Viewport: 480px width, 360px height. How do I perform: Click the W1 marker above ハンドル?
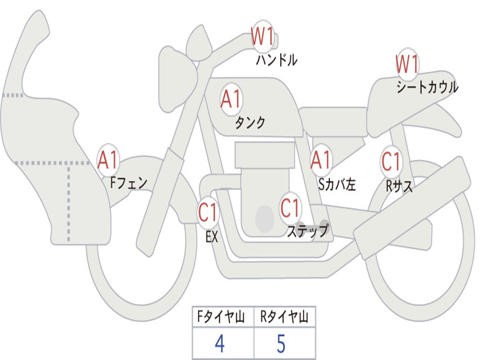point(262,37)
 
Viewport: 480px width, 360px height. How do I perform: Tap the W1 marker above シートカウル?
point(407,64)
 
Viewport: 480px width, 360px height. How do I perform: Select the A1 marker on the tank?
point(232,99)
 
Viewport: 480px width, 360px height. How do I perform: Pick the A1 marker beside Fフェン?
point(108,160)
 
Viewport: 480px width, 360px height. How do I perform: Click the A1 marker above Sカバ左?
point(321,160)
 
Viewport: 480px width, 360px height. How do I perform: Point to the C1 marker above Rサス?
point(391,161)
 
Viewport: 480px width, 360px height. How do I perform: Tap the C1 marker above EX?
point(208,212)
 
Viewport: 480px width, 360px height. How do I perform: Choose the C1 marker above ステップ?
point(290,208)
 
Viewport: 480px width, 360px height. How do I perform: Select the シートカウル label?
point(427,87)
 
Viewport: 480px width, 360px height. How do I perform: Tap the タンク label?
point(250,123)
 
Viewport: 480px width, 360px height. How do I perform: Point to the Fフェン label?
point(129,183)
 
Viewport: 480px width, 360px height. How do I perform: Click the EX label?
point(212,237)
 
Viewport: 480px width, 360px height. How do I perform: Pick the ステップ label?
point(307,231)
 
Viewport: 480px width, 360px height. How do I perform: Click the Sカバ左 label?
point(337,184)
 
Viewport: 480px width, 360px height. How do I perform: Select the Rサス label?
point(399,186)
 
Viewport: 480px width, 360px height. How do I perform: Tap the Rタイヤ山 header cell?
point(285,317)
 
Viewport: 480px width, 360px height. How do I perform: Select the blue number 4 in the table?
point(220,344)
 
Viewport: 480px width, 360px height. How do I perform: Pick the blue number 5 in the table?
point(281,344)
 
